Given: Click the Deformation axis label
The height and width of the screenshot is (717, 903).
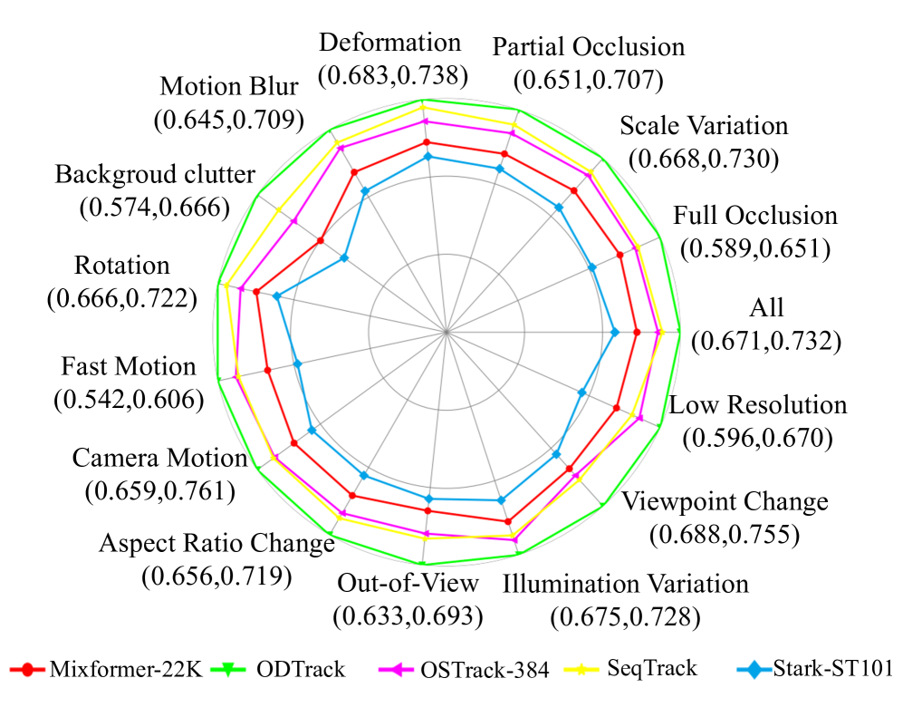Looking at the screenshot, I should [x=390, y=43].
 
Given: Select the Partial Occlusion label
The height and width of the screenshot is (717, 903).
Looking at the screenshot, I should [x=588, y=47].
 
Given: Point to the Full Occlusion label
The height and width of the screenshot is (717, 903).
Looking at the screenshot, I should [x=755, y=216].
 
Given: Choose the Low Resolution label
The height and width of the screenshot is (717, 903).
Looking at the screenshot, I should [x=758, y=404].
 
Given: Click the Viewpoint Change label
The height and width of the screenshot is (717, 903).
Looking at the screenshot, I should [x=725, y=501].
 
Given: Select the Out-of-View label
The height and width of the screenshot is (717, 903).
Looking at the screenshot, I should [x=407, y=582].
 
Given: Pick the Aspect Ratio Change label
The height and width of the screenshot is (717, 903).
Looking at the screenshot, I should [x=216, y=544].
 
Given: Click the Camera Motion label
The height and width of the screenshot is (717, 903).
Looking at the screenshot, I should [x=159, y=459].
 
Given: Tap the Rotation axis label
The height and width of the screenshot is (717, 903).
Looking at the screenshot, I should [x=122, y=266].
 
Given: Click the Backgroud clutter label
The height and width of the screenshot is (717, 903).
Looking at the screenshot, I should [x=155, y=173].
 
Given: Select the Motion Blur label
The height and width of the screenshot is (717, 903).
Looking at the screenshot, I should [x=229, y=87].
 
